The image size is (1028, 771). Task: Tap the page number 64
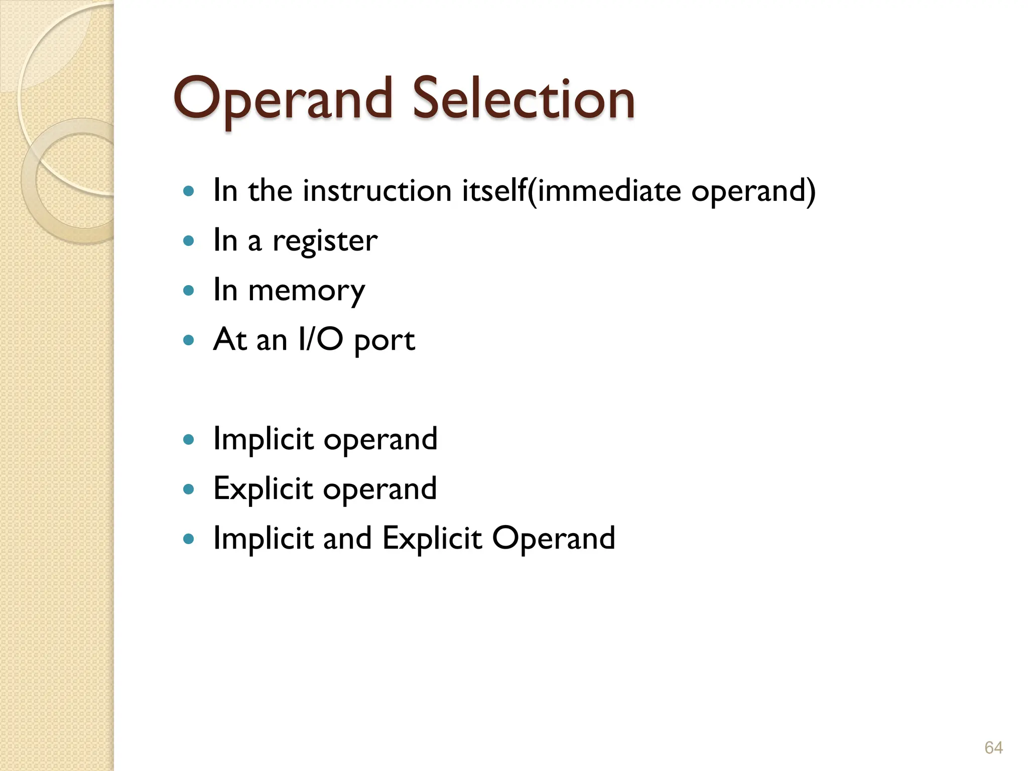pos(993,747)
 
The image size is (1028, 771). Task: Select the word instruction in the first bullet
pos(377,191)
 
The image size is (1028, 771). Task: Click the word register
pos(325,241)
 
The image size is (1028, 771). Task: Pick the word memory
pos(306,291)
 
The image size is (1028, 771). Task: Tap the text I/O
pos(320,340)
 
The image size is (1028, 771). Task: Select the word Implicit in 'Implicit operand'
pos(264,439)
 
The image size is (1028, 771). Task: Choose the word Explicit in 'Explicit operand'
pos(263,489)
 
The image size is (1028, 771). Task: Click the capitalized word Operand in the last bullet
pos(553,539)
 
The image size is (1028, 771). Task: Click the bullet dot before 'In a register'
pos(189,241)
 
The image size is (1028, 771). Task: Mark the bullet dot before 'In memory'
pos(189,290)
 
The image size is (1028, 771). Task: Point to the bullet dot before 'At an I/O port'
pos(189,340)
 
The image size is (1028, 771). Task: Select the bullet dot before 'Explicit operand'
pos(189,489)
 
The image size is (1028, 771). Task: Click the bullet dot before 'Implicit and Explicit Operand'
pos(189,539)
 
